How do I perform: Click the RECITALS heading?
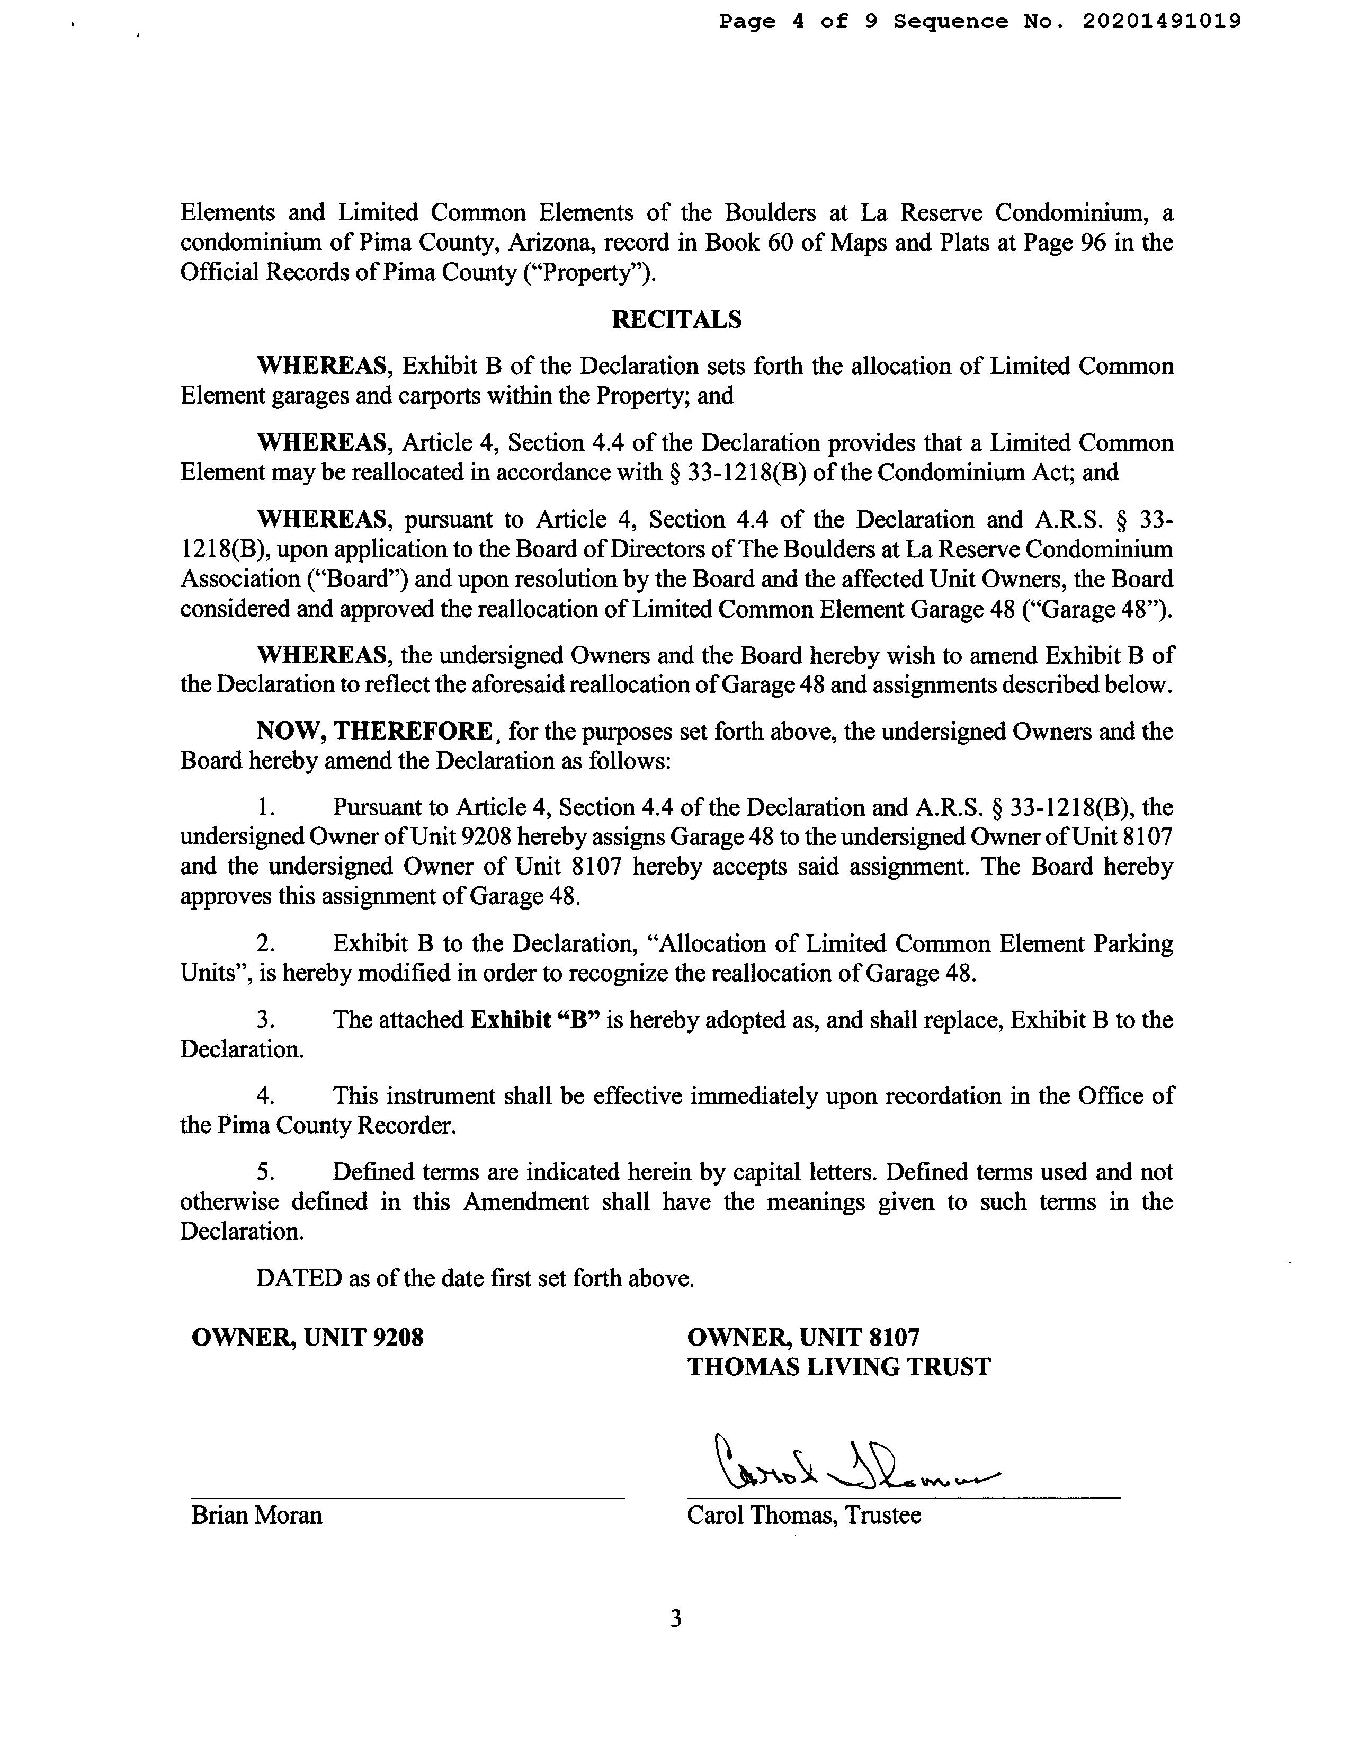pyautogui.click(x=676, y=319)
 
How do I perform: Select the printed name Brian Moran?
pyautogui.click(x=257, y=1515)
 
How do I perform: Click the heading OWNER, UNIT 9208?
pyautogui.click(x=308, y=1337)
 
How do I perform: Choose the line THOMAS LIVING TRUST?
pyautogui.click(x=839, y=1367)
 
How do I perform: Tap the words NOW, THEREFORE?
pyautogui.click(x=374, y=732)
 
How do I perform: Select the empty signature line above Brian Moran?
pyautogui.click(x=407, y=1496)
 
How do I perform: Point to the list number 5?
pyautogui.click(x=266, y=1172)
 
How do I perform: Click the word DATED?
pyautogui.click(x=299, y=1278)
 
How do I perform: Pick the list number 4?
pyautogui.click(x=266, y=1096)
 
